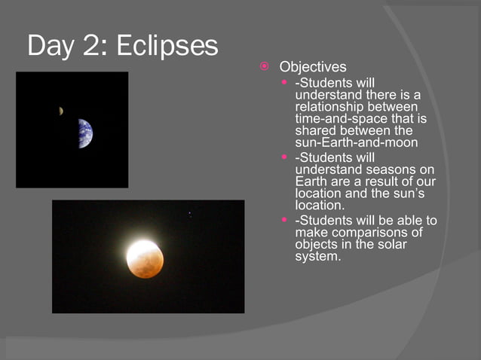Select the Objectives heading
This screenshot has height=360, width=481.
click(x=313, y=68)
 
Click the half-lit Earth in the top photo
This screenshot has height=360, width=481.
click(x=84, y=133)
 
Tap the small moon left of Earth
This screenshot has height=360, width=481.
click(x=60, y=111)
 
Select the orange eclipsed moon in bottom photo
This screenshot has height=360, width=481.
click(x=145, y=258)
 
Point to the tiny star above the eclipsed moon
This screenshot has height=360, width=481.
click(x=189, y=215)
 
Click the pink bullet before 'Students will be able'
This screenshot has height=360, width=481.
click(x=284, y=221)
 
